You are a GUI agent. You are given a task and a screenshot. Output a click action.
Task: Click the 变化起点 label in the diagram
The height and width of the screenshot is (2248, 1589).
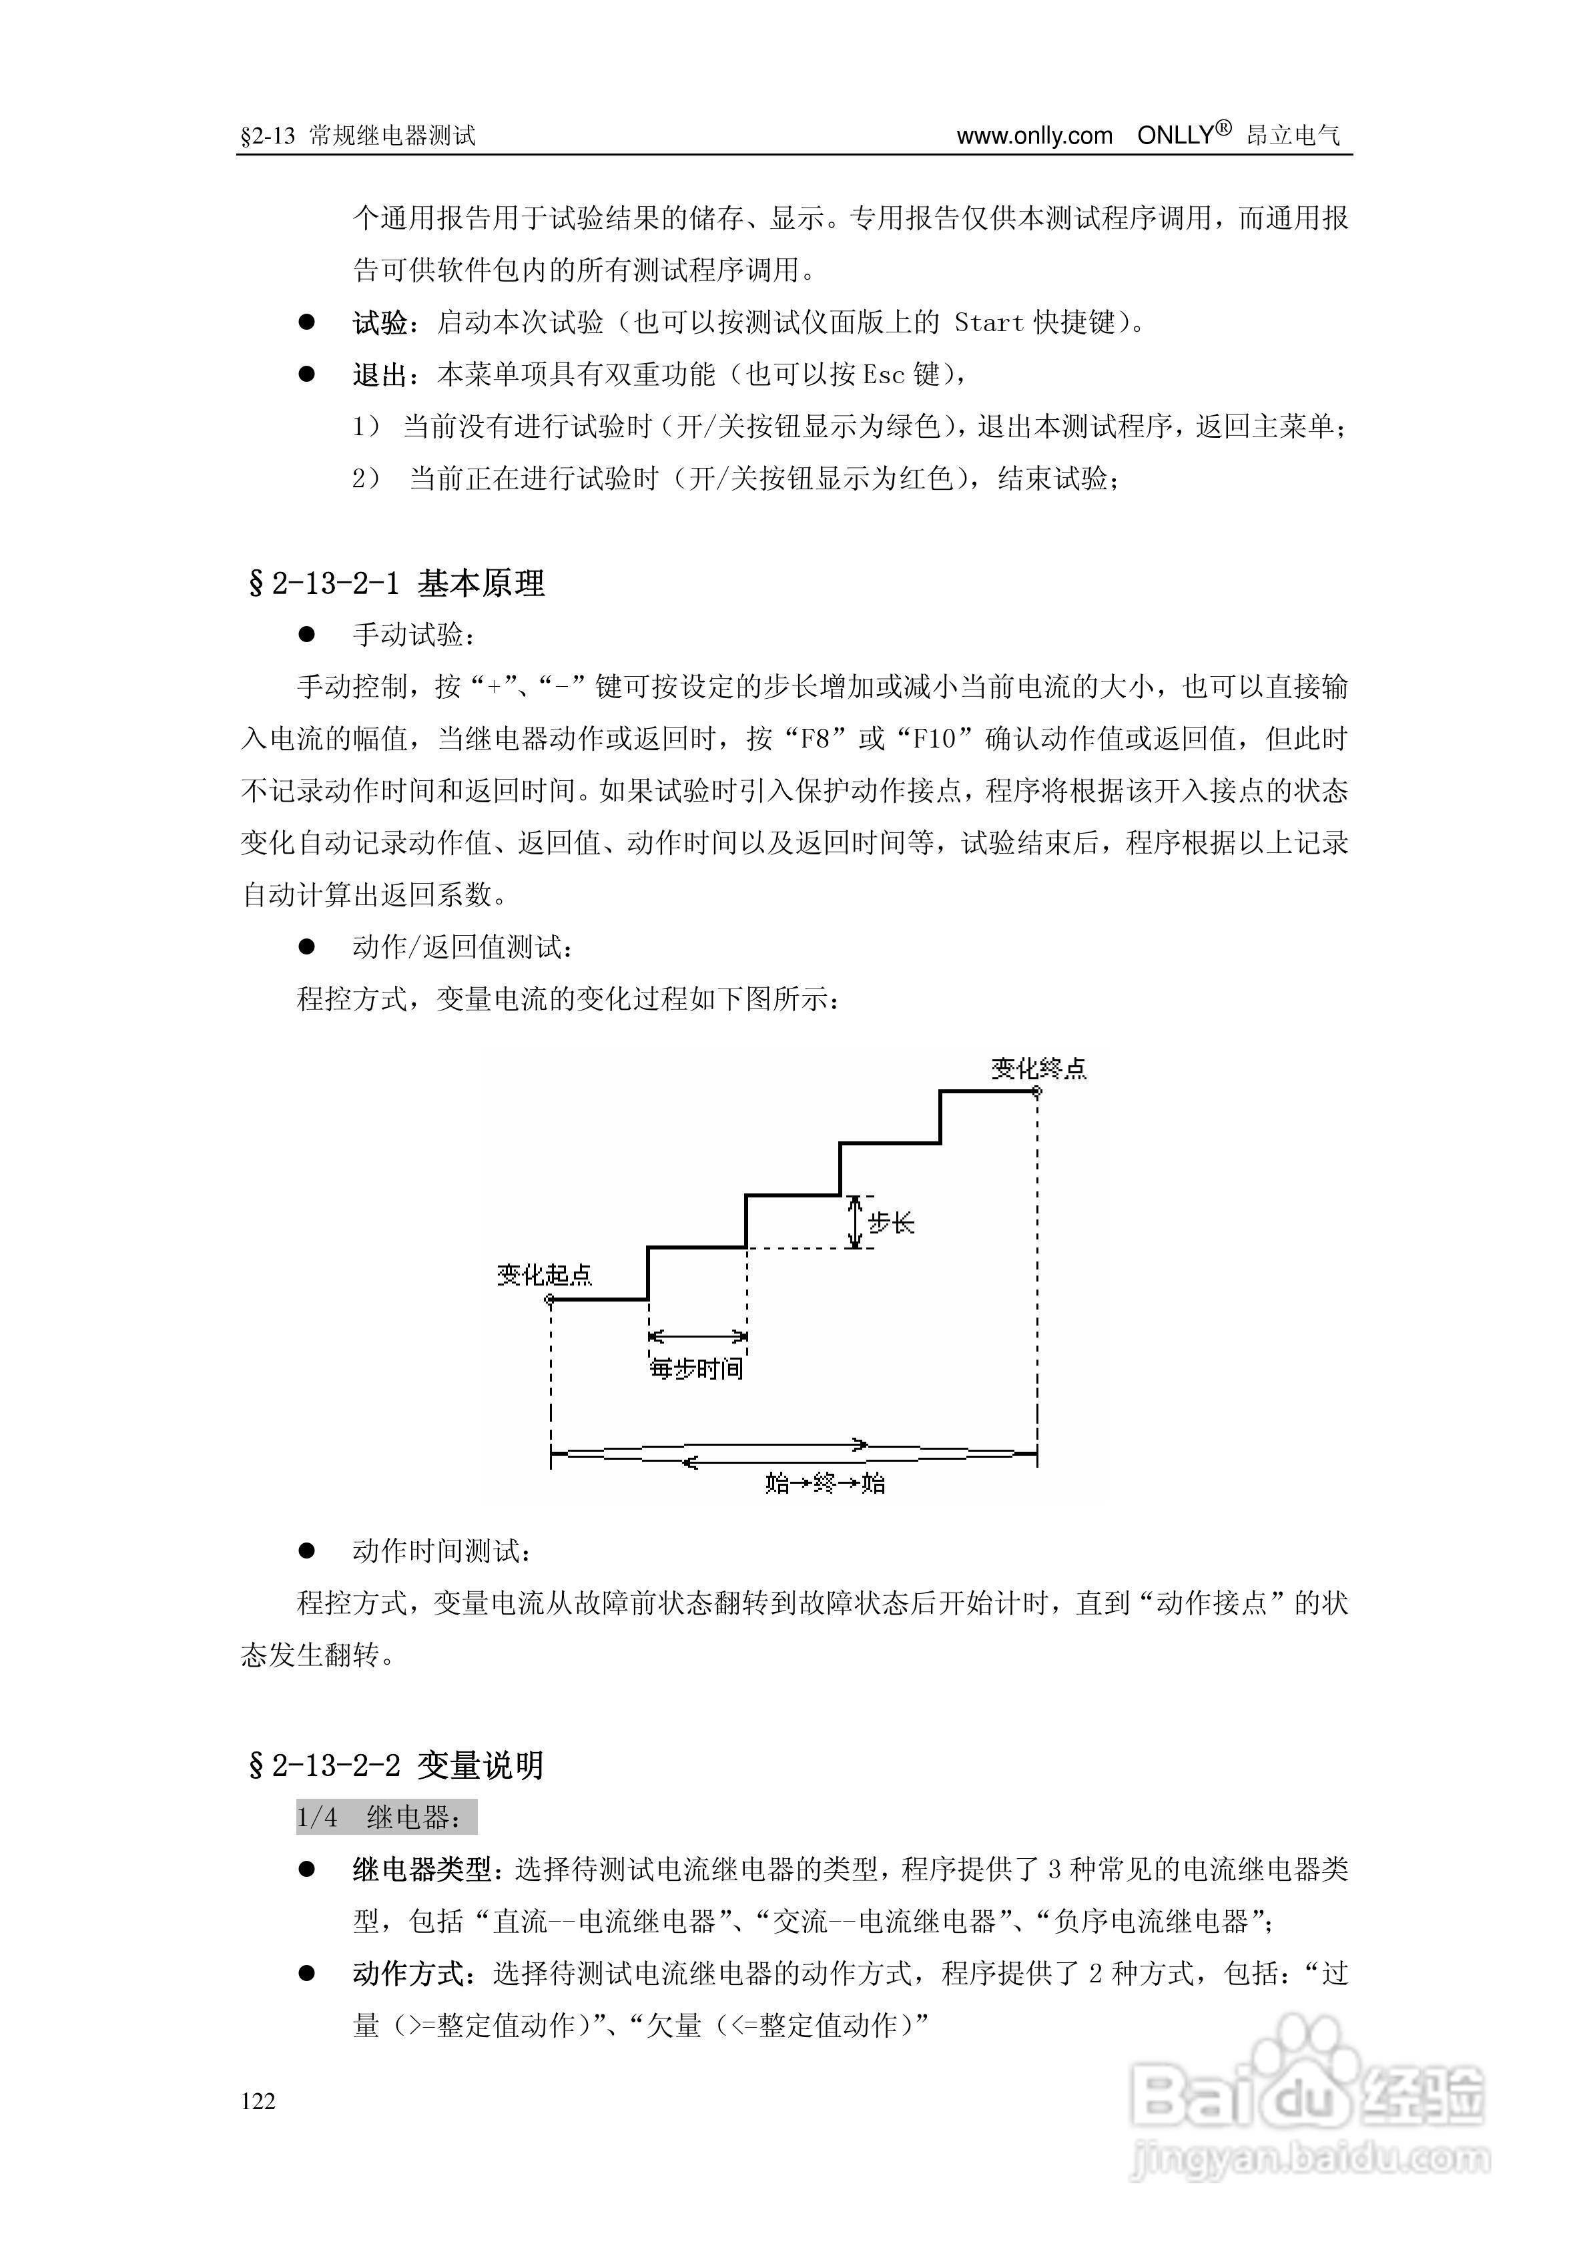pyautogui.click(x=545, y=1275)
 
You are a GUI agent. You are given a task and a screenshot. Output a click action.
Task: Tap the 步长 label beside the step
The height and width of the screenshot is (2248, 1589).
pyautogui.click(x=891, y=1223)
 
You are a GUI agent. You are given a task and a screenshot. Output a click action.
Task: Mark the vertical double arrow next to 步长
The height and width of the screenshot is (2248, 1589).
pyautogui.click(x=855, y=1221)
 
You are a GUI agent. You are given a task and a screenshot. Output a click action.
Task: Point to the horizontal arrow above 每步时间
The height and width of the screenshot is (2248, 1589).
pyautogui.click(x=697, y=1336)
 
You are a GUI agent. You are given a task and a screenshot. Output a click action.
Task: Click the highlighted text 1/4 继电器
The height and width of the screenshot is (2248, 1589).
pyautogui.click(x=386, y=1817)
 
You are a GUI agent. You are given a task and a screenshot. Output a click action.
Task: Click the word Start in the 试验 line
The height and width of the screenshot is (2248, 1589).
pyautogui.click(x=989, y=322)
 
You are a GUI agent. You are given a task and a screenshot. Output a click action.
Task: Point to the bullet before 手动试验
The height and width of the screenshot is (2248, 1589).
pyautogui.click(x=306, y=635)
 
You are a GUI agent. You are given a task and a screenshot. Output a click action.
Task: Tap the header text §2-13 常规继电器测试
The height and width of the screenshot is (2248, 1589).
pyautogui.click(x=358, y=136)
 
